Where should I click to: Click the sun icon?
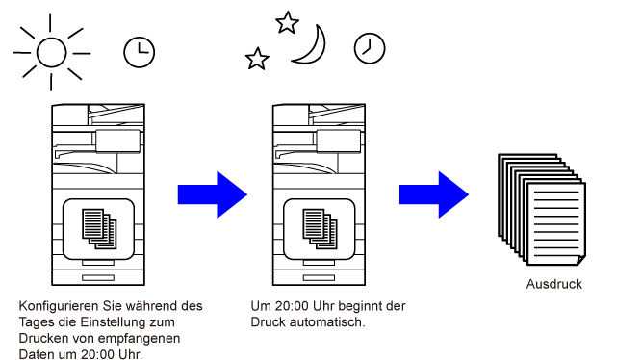52,52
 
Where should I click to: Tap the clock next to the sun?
140,52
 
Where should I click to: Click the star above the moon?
287,22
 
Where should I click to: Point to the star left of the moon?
257,59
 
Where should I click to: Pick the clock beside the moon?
370,48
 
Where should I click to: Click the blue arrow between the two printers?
212,194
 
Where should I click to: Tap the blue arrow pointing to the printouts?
434,194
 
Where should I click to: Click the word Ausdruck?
554,284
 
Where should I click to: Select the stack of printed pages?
542,209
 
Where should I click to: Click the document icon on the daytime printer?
99,229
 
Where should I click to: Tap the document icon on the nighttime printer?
320,229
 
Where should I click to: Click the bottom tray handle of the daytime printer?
98,277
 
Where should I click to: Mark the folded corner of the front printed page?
581,260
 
